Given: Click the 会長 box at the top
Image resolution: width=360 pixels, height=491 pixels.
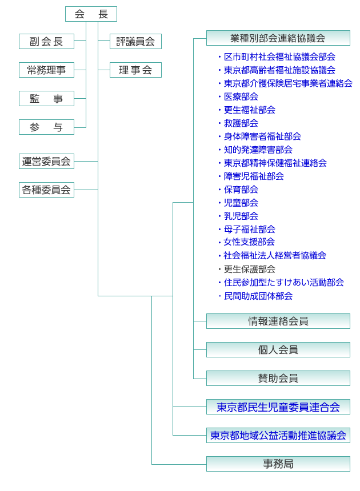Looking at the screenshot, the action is pos(91,14).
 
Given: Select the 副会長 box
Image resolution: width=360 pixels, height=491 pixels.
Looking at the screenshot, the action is pos(46,41).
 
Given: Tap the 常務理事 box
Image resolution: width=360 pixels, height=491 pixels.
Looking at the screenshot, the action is pos(46,70).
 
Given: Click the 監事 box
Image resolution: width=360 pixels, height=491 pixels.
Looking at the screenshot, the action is pos(46,98).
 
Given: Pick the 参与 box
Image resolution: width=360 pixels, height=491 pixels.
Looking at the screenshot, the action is pos(46,127).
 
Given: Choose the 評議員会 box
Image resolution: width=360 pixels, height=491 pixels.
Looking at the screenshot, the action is pos(135,41).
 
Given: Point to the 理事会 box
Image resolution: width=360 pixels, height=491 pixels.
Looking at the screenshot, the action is pos(135,70).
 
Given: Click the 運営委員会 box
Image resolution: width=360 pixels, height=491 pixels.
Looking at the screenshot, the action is pos(46,161).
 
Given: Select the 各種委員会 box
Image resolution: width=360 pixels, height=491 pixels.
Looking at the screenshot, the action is pos(46,190).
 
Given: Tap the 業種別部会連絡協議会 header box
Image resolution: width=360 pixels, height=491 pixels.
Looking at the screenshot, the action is pos(278,38).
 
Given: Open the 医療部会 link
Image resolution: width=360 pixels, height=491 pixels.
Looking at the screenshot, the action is pos(241,96).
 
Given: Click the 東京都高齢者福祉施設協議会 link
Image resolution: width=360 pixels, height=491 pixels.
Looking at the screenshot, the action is pos(279,70).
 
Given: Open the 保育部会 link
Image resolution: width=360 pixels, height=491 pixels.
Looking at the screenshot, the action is pos(241,190).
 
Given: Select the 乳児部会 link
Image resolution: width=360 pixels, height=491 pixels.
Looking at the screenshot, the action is pos(241,216).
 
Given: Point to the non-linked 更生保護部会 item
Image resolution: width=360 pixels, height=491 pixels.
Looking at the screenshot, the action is pos(250,269).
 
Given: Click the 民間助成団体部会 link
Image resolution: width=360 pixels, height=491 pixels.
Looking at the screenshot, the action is pos(258,296).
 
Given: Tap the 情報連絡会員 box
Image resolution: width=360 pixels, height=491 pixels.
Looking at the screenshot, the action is pos(278,321).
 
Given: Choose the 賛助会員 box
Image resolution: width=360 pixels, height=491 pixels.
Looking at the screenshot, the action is pos(278,379).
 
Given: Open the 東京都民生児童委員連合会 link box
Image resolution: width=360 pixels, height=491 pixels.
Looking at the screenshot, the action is pos(278,407).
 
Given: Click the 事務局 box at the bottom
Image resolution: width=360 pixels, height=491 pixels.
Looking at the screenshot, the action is pos(278,464).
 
